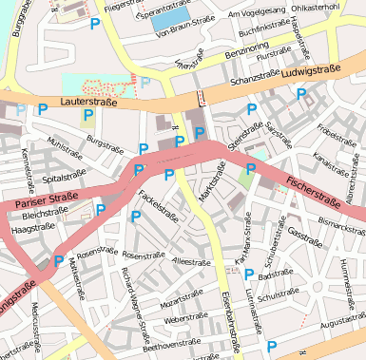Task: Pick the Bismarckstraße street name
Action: tap(338, 225)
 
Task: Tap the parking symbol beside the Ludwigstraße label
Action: tap(301, 94)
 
